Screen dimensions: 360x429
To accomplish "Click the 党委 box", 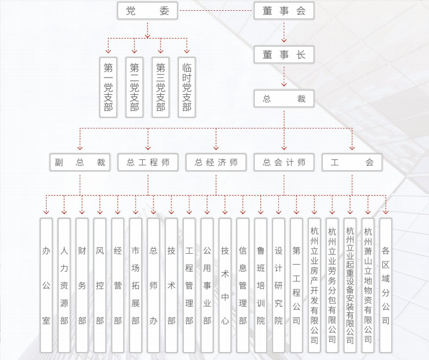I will pyautogui.click(x=147, y=11).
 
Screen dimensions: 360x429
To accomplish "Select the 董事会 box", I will pyautogui.click(x=284, y=11).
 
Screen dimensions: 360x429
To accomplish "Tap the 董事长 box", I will pyautogui.click(x=284, y=55).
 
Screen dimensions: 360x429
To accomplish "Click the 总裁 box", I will pyautogui.click(x=284, y=99).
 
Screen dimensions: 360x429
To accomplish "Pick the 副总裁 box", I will pyautogui.click(x=80, y=162).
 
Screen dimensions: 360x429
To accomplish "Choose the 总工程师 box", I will pyautogui.click(x=148, y=162).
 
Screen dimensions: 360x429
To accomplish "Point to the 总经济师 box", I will pyautogui.click(x=216, y=162).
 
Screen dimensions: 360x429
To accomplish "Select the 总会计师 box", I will pyautogui.click(x=284, y=162).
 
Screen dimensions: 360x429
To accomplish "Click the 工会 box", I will pyautogui.click(x=352, y=162).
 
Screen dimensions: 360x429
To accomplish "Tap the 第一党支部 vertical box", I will pyautogui.click(x=108, y=87).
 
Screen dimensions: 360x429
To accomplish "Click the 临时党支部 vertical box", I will pyautogui.click(x=187, y=87).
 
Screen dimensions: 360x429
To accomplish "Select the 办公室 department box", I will pyautogui.click(x=46, y=285).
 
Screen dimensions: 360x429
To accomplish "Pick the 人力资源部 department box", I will pyautogui.click(x=64, y=285).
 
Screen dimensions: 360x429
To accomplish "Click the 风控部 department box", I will pyautogui.click(x=100, y=285).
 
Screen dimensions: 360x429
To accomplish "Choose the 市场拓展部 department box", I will pyautogui.click(x=136, y=285).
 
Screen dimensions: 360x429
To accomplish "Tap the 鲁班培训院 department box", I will pyautogui.click(x=261, y=285).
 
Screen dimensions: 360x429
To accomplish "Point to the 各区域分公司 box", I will pyautogui.click(x=386, y=285).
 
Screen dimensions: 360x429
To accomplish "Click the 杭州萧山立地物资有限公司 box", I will pyautogui.click(x=368, y=285).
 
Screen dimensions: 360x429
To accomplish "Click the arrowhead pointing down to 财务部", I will pyautogui.click(x=82, y=211).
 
